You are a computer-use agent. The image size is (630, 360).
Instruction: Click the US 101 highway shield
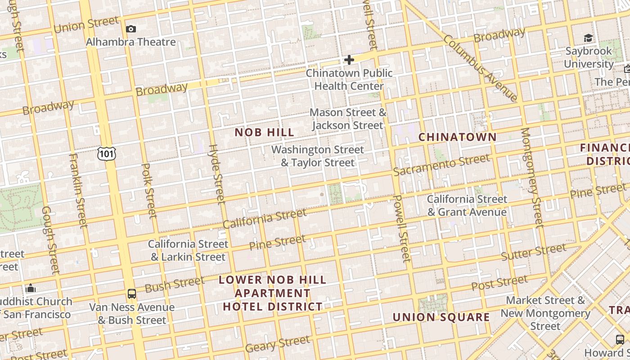106,154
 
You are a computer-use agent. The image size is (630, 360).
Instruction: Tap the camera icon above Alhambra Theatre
131,29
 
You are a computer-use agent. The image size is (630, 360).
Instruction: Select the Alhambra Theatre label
130,42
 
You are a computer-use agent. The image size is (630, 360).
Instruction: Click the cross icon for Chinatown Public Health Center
349,59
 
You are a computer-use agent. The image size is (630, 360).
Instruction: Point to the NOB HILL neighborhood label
265,132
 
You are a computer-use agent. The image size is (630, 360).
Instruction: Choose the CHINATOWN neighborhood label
458,137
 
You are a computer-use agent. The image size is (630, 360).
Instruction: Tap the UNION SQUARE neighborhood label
441,317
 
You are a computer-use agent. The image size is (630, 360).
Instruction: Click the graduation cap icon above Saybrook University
588,38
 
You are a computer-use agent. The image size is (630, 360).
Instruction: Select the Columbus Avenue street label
481,67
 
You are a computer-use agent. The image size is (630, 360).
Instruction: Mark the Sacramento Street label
441,165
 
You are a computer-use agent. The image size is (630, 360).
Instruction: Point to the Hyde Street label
216,174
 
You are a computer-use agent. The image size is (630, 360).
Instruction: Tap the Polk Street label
149,191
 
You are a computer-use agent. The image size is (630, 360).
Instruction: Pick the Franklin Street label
78,190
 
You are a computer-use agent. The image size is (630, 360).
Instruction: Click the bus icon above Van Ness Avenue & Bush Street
131,294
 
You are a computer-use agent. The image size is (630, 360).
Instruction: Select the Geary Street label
277,344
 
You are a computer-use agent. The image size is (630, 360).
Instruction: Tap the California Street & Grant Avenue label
467,205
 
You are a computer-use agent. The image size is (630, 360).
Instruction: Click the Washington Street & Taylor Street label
318,156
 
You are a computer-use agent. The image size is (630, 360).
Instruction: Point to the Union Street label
86,24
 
